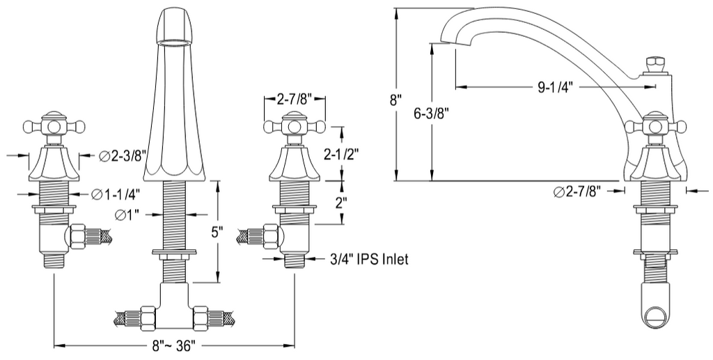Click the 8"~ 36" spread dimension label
coord(173,345)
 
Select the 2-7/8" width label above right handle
coord(295,99)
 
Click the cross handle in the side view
coord(655,127)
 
